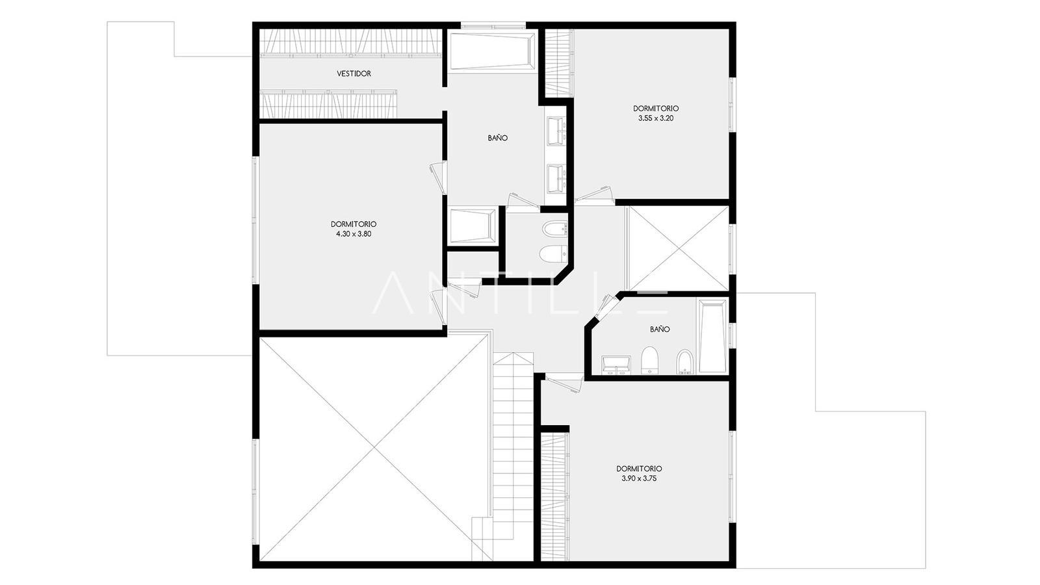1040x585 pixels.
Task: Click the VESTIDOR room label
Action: click(x=354, y=73)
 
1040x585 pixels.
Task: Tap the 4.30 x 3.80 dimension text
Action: click(x=354, y=234)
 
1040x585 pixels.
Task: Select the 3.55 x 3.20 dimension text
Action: click(x=656, y=118)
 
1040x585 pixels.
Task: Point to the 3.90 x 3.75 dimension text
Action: click(x=639, y=478)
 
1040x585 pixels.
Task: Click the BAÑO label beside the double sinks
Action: click(x=498, y=138)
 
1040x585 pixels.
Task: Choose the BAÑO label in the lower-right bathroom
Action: click(x=660, y=329)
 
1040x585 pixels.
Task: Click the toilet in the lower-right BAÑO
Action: click(x=649, y=360)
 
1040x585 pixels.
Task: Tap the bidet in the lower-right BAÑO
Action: click(x=684, y=361)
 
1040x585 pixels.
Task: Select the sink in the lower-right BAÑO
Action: click(x=616, y=365)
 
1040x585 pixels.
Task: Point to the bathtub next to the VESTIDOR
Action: click(x=493, y=51)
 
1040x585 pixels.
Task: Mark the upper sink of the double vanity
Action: click(x=556, y=129)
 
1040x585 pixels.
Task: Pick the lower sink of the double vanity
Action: click(x=556, y=179)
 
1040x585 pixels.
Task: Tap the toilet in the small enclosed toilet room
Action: click(x=554, y=253)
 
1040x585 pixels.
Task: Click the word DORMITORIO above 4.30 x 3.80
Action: click(x=354, y=224)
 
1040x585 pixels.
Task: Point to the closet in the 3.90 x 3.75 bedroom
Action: click(x=555, y=497)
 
